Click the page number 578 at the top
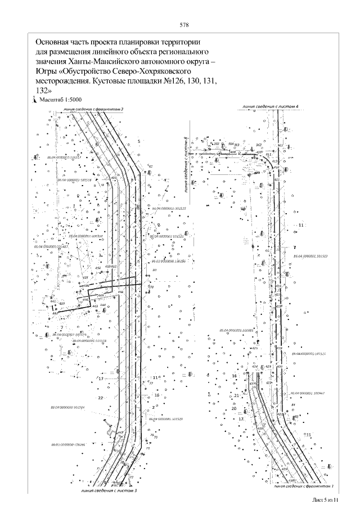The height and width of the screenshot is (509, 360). [x=183, y=25]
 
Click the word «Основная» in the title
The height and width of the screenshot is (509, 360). [x=53, y=42]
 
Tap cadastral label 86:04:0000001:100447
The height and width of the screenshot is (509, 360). [x=309, y=393]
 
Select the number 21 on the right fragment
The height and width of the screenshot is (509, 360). [x=237, y=396]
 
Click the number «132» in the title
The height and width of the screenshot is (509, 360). [x=43, y=89]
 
